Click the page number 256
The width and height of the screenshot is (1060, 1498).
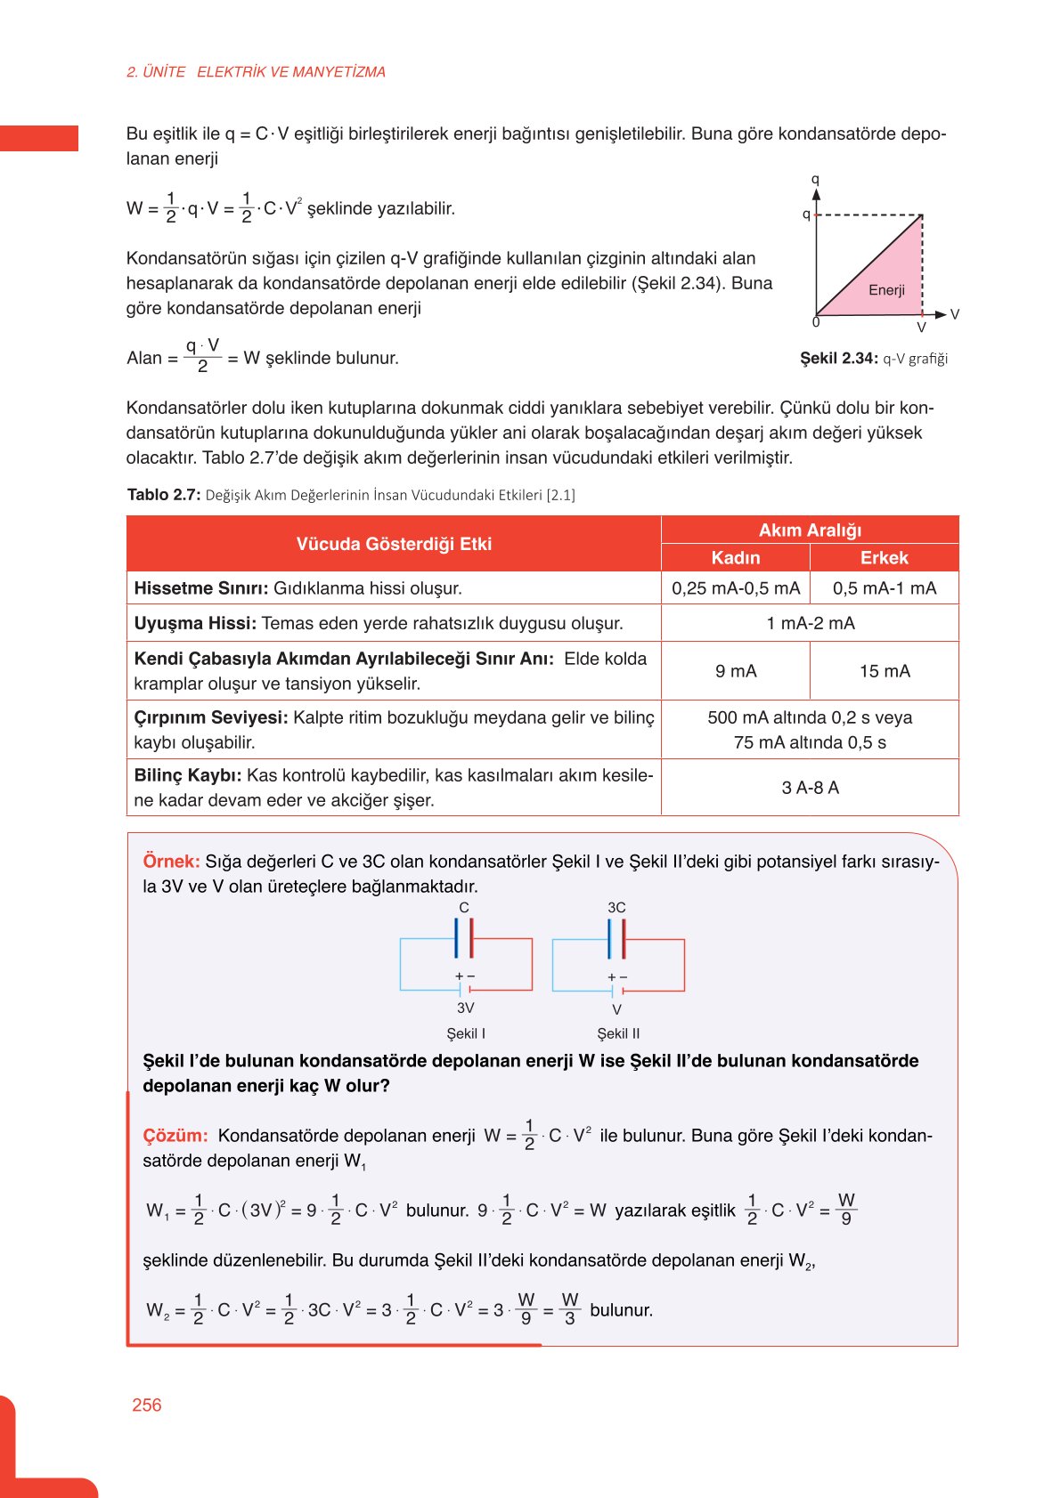(146, 1405)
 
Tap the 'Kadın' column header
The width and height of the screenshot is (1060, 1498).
(735, 557)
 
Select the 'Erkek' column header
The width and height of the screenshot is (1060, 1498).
(884, 557)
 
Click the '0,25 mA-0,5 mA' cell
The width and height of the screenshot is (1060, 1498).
(736, 587)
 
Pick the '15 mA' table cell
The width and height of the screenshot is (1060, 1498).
(885, 671)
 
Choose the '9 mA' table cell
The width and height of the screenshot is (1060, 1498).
(736, 671)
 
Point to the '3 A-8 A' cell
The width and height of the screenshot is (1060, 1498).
(810, 788)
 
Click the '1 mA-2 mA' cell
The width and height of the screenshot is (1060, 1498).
(810, 623)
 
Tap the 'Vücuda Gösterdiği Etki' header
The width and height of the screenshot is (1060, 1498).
(394, 544)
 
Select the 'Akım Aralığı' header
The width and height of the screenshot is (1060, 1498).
(810, 530)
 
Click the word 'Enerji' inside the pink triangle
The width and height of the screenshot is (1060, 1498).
(886, 290)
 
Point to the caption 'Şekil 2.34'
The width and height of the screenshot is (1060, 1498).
(838, 359)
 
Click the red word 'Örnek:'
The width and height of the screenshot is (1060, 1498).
(171, 862)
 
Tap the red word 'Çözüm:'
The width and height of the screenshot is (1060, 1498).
(175, 1136)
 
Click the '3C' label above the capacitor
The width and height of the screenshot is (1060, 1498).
(616, 907)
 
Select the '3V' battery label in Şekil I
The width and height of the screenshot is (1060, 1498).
(465, 1008)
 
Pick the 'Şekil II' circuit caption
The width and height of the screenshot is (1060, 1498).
(618, 1033)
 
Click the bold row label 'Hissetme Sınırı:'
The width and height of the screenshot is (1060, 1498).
(200, 588)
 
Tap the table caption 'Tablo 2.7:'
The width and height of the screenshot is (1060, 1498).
(164, 495)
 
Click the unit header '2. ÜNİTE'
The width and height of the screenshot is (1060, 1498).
(156, 72)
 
